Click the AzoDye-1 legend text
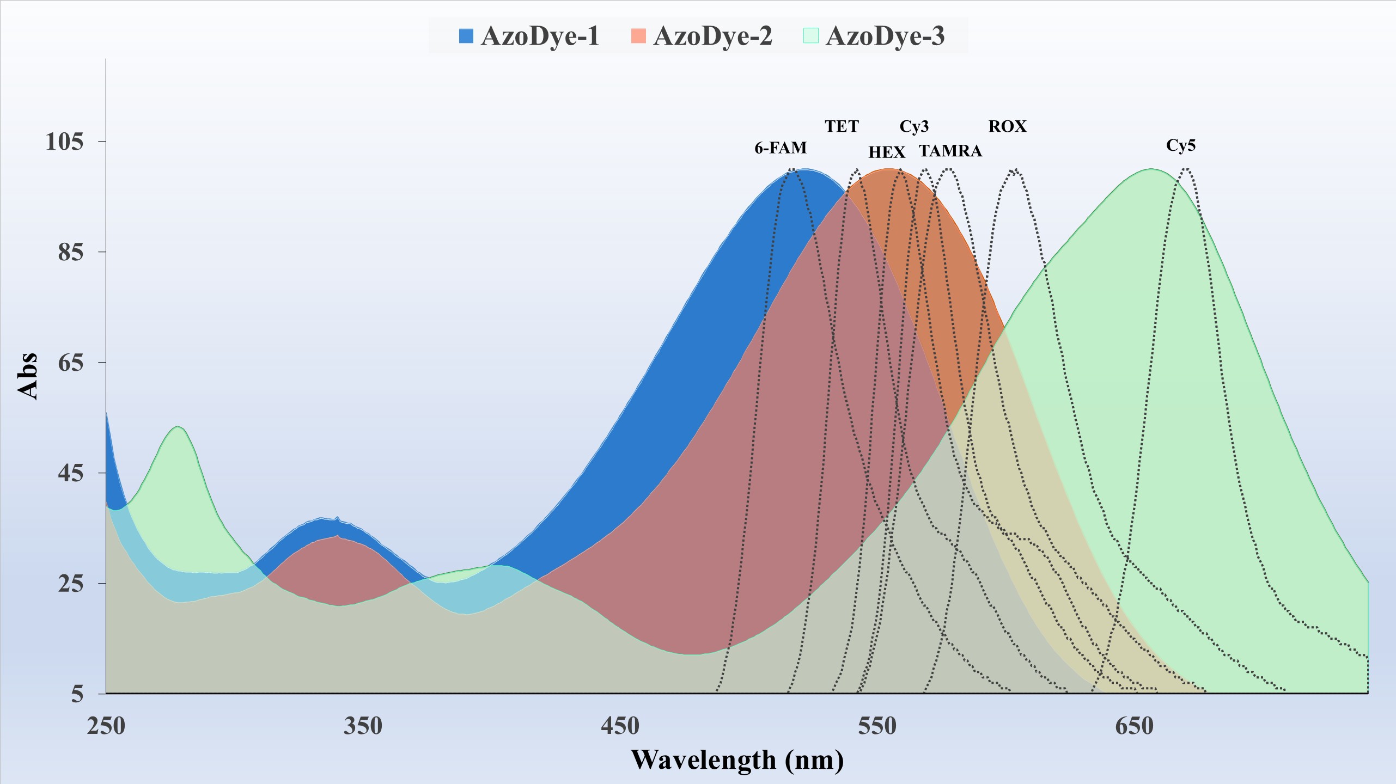[x=540, y=36]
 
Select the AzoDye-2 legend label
[x=712, y=36]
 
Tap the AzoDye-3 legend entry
[x=885, y=36]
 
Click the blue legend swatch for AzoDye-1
[x=466, y=36]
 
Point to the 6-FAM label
[x=780, y=148]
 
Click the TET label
[x=842, y=127]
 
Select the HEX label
[x=887, y=152]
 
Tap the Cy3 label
[x=914, y=127]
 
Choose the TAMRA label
[x=950, y=151]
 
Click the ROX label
[x=1007, y=127]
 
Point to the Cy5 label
[x=1181, y=146]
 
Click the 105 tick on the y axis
[x=64, y=142]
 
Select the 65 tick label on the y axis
[x=70, y=363]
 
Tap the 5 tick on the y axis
[x=77, y=694]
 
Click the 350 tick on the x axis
[x=363, y=726]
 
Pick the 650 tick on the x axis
[x=1134, y=726]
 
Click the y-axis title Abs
[x=28, y=376]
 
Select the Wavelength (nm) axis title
[x=737, y=760]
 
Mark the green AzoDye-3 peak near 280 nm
[x=178, y=427]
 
